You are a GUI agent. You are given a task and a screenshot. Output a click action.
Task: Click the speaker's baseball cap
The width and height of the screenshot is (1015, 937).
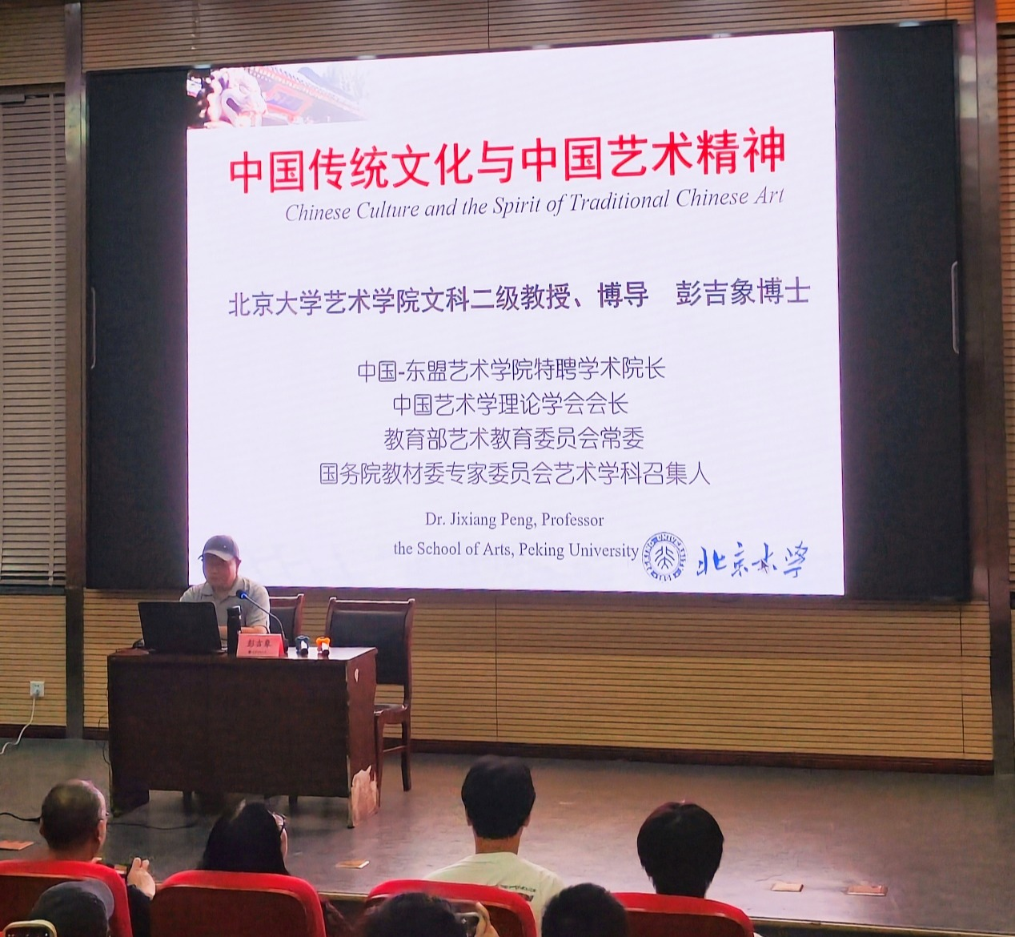[219, 548]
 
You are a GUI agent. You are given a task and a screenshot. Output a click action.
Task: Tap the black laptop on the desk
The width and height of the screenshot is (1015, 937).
[179, 626]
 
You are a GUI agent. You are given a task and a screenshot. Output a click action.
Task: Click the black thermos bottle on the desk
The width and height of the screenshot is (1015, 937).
[233, 627]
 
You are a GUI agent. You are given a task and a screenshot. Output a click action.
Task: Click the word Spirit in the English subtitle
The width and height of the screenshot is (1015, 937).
[517, 206]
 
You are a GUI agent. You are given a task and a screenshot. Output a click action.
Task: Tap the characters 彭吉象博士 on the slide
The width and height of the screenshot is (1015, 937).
[742, 294]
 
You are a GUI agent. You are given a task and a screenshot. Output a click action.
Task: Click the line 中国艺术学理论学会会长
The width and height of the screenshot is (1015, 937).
[510, 404]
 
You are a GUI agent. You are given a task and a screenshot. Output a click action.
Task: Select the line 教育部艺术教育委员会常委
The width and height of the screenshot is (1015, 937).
[513, 439]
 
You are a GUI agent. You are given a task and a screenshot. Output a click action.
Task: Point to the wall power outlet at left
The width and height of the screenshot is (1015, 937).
[36, 689]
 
